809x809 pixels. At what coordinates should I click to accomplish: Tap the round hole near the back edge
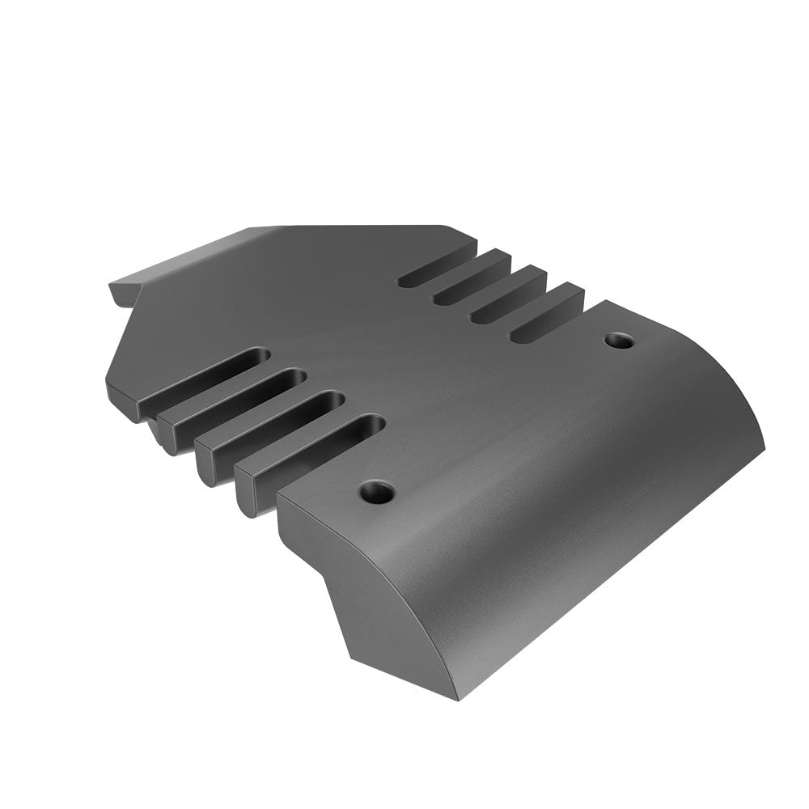pos(620,340)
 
